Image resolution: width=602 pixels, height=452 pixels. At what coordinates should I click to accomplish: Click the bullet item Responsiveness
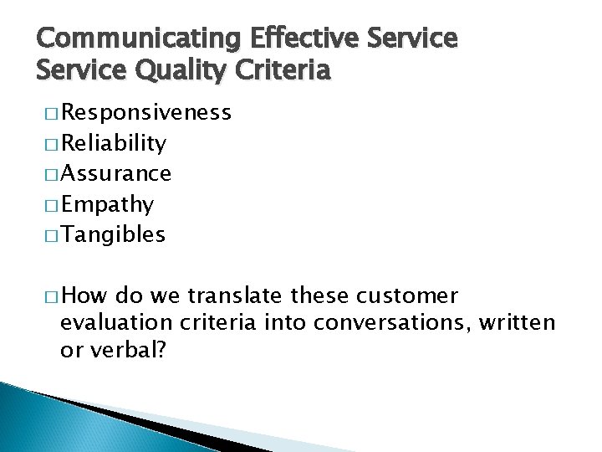145,113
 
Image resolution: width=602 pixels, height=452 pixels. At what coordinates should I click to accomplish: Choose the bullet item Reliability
113,143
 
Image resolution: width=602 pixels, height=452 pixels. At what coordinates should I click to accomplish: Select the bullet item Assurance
116,173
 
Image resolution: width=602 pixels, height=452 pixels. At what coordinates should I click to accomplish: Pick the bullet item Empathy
106,204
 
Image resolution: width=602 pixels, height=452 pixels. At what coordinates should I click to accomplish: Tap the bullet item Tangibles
113,235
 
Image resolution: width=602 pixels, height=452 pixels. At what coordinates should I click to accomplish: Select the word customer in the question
409,296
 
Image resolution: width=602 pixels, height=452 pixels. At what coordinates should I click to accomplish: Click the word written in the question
521,323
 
